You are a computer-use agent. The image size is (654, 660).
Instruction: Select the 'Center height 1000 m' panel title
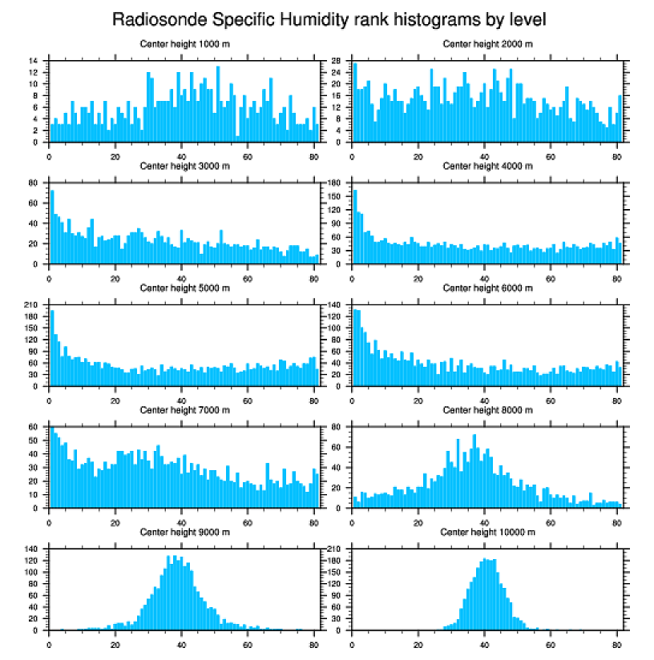point(184,44)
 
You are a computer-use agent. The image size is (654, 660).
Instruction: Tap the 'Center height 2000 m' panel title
point(487,44)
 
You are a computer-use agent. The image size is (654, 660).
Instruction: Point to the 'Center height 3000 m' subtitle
point(184,166)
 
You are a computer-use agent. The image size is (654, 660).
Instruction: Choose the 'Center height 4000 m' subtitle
point(487,166)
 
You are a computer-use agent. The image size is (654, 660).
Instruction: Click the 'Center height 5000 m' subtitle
point(184,288)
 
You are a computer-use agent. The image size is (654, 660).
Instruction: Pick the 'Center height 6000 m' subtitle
point(487,288)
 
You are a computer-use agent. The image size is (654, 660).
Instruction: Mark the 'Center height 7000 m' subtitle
point(184,410)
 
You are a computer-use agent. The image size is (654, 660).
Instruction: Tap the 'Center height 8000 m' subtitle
point(487,410)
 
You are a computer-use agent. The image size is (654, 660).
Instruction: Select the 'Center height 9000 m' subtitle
point(184,532)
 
